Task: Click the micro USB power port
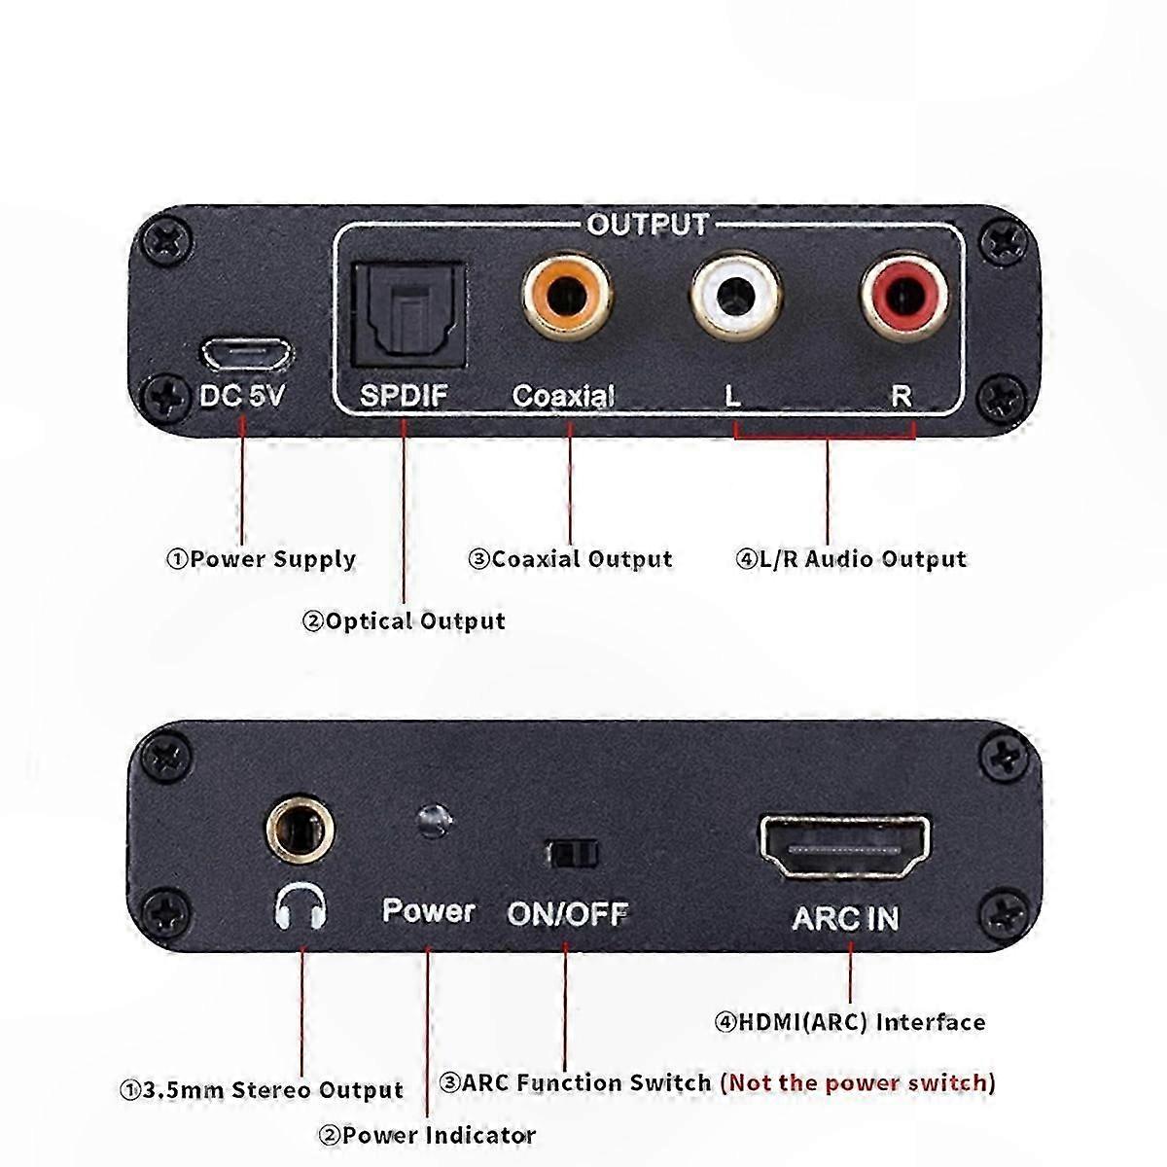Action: coord(247,354)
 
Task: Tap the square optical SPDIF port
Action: coord(408,314)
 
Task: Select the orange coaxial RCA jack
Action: coord(567,297)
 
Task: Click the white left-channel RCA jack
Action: coord(736,297)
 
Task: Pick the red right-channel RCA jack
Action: coord(904,297)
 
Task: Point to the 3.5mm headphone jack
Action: coord(300,830)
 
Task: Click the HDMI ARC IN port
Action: coord(845,847)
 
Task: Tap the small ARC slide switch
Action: coord(572,854)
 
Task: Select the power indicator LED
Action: coord(434,821)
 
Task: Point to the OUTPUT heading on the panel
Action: coord(648,225)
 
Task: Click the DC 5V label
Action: coord(242,396)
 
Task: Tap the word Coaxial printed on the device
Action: coord(563,396)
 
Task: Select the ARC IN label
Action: coord(845,918)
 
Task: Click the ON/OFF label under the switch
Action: coord(568,914)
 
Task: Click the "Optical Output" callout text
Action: coord(415,620)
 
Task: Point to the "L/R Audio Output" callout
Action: coord(863,559)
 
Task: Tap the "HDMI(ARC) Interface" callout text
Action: coord(863,1023)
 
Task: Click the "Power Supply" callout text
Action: coord(272,559)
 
